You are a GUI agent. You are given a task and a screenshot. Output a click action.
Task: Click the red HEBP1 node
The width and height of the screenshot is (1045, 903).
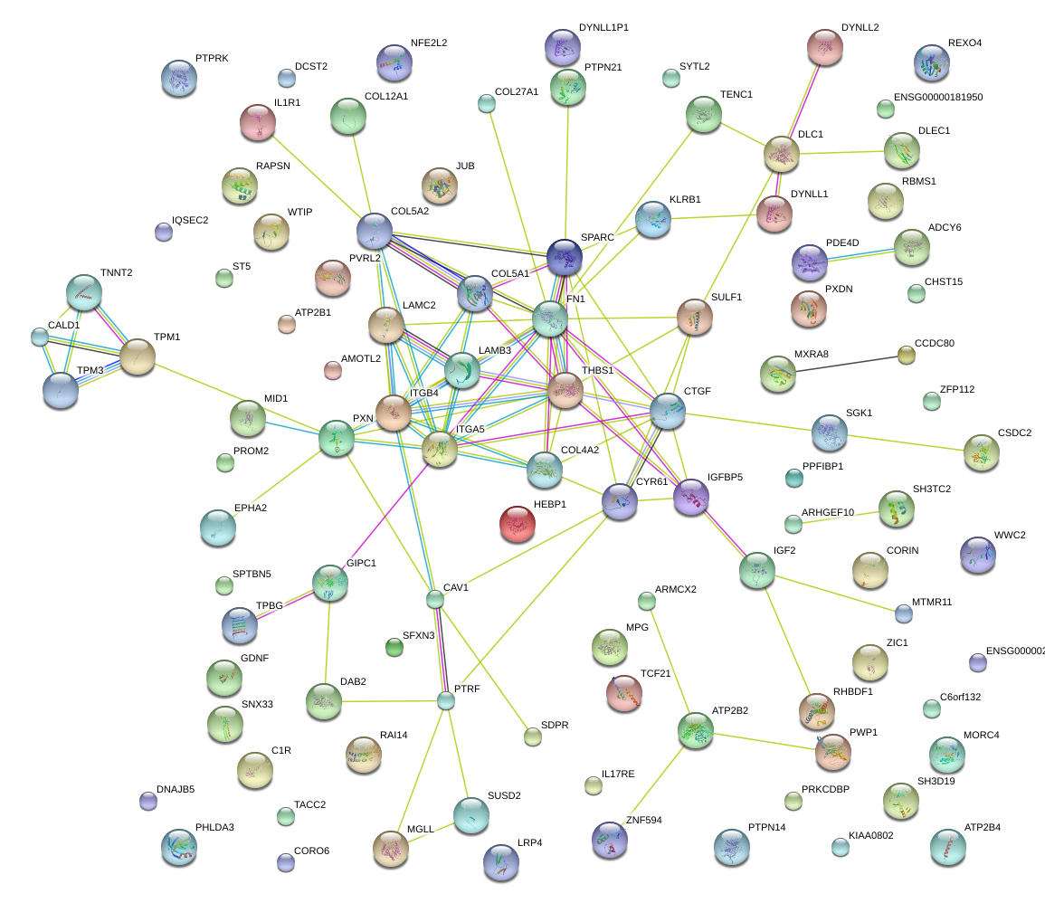[x=518, y=525]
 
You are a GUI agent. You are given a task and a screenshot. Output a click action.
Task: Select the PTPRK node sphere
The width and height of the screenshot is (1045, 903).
[x=179, y=79]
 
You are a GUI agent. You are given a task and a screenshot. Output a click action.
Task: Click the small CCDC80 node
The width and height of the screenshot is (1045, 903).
[x=907, y=355]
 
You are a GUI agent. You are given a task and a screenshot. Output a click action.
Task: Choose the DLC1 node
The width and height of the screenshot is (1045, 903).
[x=781, y=155]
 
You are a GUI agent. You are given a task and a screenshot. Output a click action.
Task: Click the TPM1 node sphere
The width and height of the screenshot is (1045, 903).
[x=138, y=357]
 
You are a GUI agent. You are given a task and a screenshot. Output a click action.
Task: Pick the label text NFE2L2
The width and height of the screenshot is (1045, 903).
[x=429, y=43]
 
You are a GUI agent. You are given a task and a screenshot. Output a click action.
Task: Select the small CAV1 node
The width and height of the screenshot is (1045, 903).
[x=435, y=599]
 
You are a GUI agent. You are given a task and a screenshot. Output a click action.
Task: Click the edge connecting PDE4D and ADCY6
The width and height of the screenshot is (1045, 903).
[x=860, y=254]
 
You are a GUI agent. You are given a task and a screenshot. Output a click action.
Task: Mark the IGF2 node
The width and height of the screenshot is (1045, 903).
[x=756, y=570]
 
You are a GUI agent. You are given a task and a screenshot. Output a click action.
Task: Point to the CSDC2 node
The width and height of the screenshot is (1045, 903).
[x=982, y=452]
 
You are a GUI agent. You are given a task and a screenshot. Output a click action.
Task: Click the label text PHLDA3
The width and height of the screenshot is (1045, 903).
[x=214, y=827]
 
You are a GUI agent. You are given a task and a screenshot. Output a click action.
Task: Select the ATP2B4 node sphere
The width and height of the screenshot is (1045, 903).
[x=947, y=847]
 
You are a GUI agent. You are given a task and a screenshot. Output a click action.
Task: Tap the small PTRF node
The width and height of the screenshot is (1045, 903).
[x=445, y=700]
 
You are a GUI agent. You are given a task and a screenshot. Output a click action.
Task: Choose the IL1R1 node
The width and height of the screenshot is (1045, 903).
[x=258, y=122]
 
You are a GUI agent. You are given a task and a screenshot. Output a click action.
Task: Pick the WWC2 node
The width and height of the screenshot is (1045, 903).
[x=978, y=555]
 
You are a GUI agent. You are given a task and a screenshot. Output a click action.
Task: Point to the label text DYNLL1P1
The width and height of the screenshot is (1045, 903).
[x=603, y=28]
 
